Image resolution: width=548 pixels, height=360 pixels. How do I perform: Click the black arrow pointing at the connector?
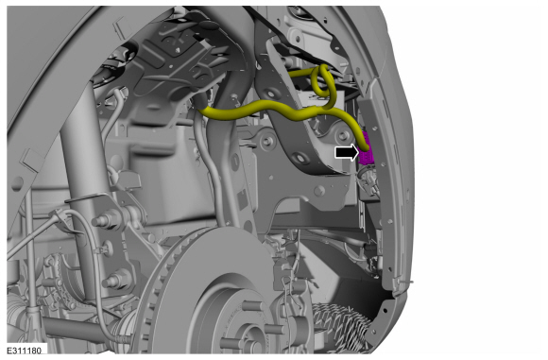347,153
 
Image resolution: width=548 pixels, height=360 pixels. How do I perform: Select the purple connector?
367,150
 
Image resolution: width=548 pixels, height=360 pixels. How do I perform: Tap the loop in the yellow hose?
324,81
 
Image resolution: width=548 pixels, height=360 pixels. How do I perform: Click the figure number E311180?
25,351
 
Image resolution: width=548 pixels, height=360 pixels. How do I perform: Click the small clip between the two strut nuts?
102,249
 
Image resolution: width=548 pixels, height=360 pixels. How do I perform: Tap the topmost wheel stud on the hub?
251,307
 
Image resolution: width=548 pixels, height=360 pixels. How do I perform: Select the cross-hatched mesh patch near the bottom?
341,324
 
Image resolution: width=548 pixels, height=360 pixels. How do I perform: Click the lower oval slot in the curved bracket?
300,158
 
